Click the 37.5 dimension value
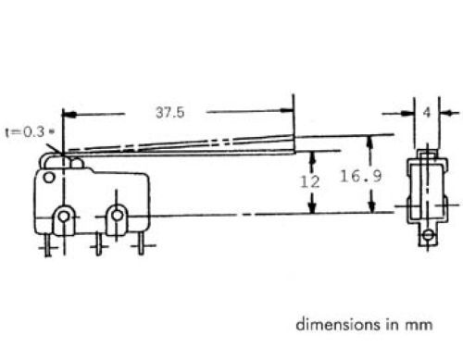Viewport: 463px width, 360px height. pyautogui.click(x=170, y=112)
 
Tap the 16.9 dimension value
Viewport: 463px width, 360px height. pyautogui.click(x=361, y=176)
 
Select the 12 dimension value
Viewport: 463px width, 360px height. pyautogui.click(x=310, y=181)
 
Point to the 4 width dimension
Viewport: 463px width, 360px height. pyautogui.click(x=427, y=113)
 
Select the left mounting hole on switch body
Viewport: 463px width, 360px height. pyautogui.click(x=64, y=216)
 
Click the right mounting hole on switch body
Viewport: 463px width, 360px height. pyautogui.click(x=117, y=215)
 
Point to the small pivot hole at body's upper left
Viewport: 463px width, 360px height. pyautogui.click(x=49, y=178)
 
